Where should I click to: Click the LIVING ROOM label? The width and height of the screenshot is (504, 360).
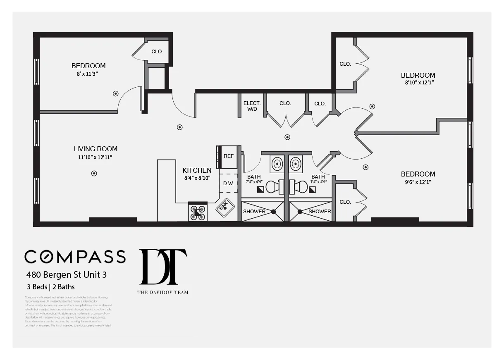96,149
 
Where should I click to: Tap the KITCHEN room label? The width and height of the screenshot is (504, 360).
197,170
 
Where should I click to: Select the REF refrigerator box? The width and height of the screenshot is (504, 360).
228,156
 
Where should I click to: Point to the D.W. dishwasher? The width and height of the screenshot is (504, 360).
229,184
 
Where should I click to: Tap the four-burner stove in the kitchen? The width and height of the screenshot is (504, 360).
198,212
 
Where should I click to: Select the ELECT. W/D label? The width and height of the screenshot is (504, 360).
251,106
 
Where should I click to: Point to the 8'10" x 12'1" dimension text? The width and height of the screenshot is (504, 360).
418,82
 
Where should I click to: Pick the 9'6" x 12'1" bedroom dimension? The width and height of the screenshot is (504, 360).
418,182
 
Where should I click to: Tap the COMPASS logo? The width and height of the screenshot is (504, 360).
75,257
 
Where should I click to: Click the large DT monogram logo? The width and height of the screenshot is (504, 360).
163,267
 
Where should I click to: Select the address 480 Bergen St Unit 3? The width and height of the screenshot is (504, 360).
67,274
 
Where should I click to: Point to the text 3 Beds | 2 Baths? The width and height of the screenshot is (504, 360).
50,286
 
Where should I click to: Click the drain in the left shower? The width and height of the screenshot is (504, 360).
273,212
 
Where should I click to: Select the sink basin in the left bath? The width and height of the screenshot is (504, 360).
277,164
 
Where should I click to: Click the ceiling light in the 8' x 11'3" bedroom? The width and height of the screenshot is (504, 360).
116,94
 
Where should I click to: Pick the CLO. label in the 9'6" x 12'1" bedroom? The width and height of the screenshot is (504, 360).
345,202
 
